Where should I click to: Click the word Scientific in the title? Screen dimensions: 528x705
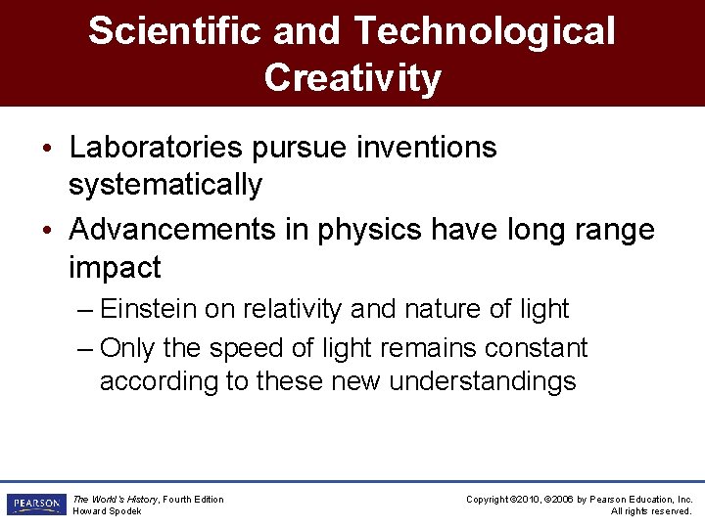coord(175,31)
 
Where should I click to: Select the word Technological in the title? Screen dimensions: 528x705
coord(484,31)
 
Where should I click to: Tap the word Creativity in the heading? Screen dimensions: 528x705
coord(352,78)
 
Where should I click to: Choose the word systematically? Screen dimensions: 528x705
coord(165,184)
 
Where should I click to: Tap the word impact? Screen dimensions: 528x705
coord(115,266)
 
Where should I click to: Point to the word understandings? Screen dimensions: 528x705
coord(483,380)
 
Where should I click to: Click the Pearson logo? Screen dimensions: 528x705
coord(35,505)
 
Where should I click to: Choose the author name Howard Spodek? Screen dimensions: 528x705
coord(107,511)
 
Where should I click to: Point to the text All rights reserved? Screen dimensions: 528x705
coord(651,511)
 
